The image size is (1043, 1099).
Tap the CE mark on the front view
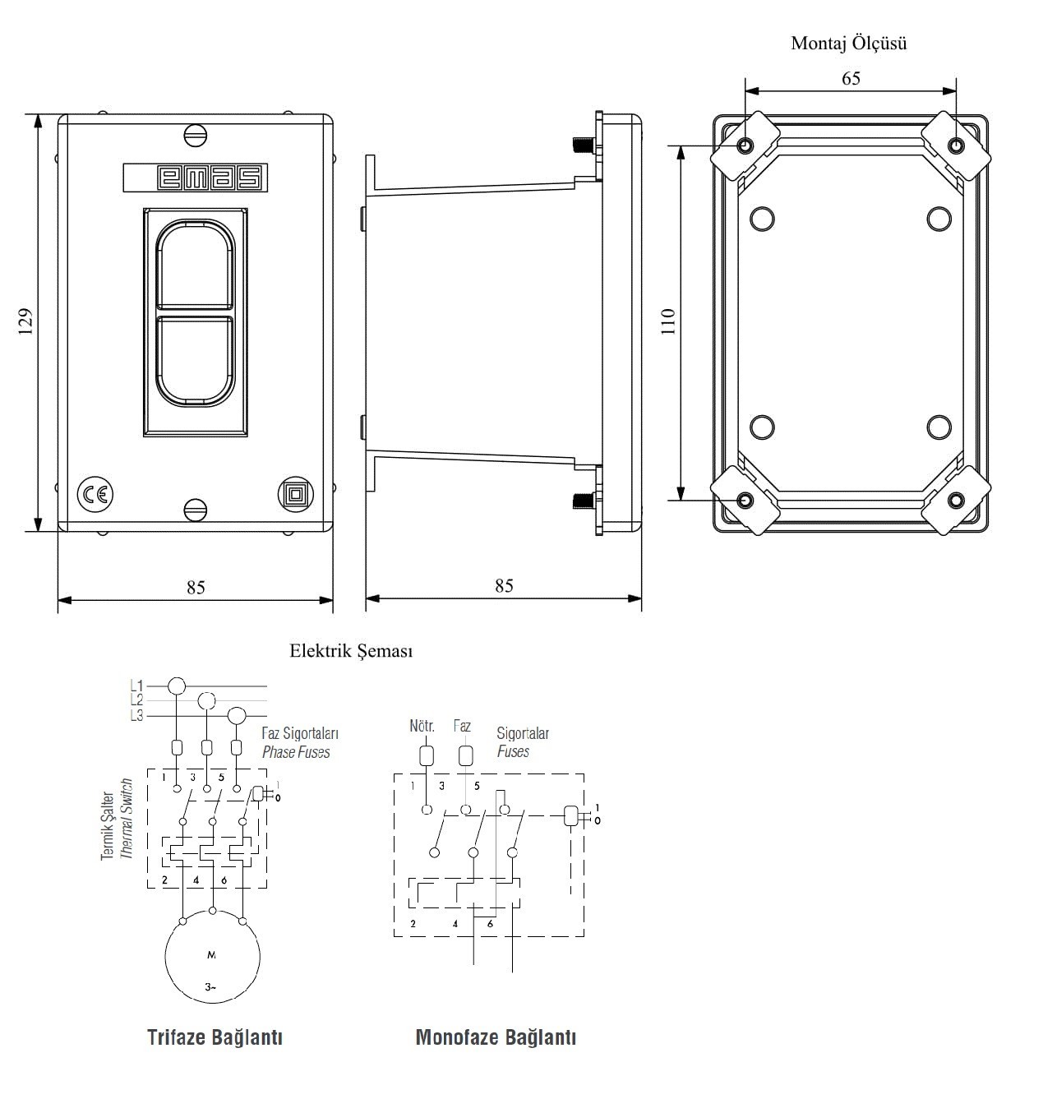pos(95,494)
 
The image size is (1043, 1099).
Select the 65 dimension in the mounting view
pos(851,79)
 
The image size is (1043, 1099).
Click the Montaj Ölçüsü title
pos(848,44)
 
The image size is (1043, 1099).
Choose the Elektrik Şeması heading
pos(351,652)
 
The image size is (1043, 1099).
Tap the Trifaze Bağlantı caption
pos(215,1037)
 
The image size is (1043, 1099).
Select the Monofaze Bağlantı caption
pos(496,1037)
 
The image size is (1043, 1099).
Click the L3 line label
pos(136,716)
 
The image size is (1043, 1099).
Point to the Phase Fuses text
pos(296,752)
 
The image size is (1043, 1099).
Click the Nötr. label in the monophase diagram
pos(422,727)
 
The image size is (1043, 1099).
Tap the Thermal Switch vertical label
pos(127,820)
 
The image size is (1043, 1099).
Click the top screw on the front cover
pos(195,135)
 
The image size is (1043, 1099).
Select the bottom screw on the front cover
pos(195,510)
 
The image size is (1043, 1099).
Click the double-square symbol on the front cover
pos(293,494)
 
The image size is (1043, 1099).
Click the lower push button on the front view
pos(196,361)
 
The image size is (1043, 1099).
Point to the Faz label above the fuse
pos(462,727)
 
